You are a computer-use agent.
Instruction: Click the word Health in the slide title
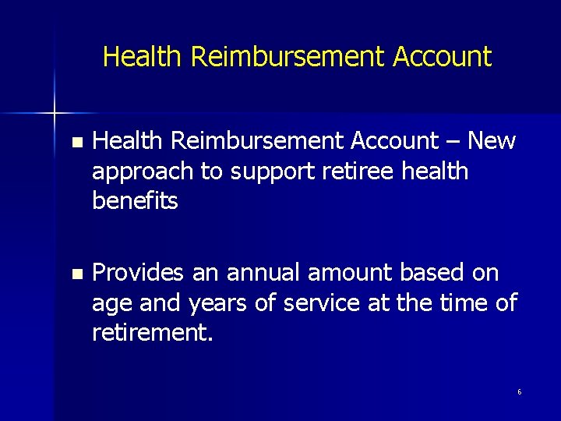click(x=143, y=56)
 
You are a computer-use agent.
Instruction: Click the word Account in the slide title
click(x=443, y=56)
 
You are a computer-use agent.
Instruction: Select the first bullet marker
click(x=75, y=143)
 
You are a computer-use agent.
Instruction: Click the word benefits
click(x=135, y=200)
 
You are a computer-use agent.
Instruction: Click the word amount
click(x=351, y=274)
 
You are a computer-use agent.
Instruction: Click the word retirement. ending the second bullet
click(x=151, y=333)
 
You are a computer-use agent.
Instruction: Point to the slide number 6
click(x=520, y=391)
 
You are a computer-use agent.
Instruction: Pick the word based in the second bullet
click(x=432, y=274)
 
